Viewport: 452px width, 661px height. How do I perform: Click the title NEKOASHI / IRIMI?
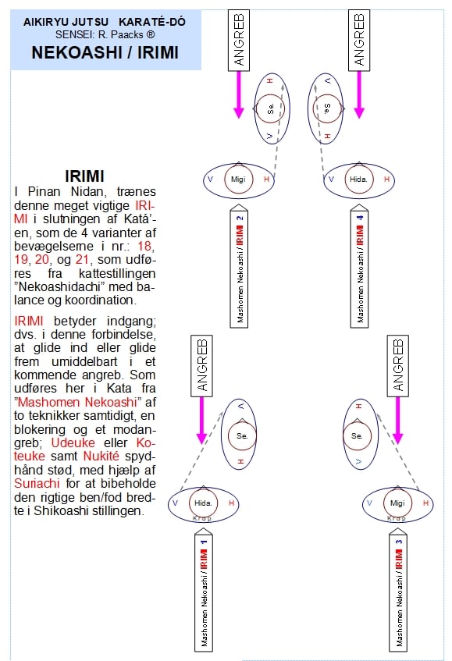click(x=105, y=53)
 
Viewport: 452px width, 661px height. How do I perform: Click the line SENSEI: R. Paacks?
click(x=105, y=34)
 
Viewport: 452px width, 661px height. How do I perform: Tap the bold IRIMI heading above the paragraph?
click(x=84, y=176)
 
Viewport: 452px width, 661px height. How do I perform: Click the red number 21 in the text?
click(x=83, y=259)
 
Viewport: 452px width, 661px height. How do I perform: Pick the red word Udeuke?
click(x=73, y=442)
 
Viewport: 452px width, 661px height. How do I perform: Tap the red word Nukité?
click(x=101, y=456)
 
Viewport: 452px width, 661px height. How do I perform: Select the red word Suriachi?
click(x=37, y=483)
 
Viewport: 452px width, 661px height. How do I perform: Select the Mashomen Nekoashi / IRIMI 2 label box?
click(x=239, y=266)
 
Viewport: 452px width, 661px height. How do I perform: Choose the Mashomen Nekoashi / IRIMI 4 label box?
click(x=359, y=266)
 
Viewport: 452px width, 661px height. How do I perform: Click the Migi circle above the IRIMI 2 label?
click(x=239, y=179)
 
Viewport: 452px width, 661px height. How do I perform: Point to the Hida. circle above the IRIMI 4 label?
click(x=359, y=179)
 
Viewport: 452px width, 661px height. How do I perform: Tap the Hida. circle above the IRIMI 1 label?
click(x=203, y=503)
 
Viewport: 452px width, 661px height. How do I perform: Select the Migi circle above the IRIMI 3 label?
click(x=397, y=503)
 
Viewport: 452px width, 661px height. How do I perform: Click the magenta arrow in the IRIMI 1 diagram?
click(x=202, y=421)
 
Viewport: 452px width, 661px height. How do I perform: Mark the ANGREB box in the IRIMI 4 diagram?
click(x=359, y=41)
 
